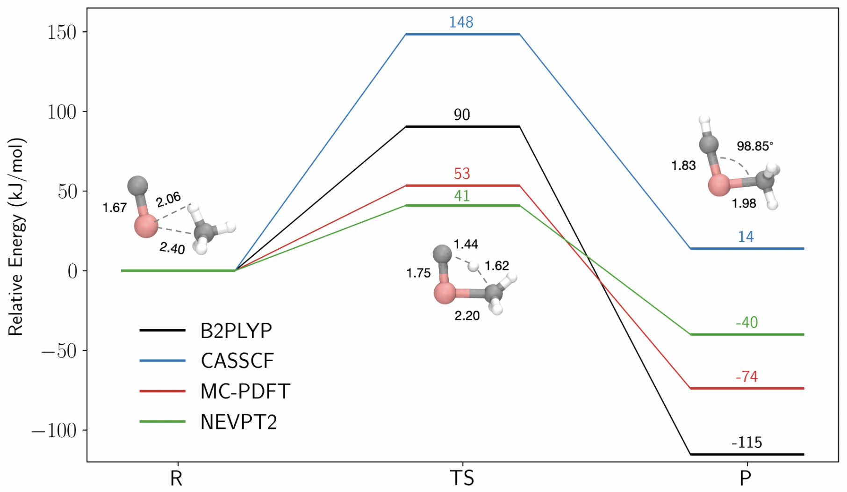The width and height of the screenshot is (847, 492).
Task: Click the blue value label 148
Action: pyautogui.click(x=461, y=22)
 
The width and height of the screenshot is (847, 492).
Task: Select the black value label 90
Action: pyautogui.click(x=461, y=115)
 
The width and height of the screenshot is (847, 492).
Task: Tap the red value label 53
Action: pyautogui.click(x=461, y=174)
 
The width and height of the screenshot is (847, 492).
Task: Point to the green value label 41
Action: pyautogui.click(x=461, y=196)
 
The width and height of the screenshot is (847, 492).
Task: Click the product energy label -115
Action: pyautogui.click(x=747, y=442)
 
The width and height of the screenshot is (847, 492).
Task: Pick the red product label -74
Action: pyautogui.click(x=747, y=376)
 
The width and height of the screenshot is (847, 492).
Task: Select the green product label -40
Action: pyautogui.click(x=747, y=323)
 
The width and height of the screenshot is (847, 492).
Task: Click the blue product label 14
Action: pyautogui.click(x=746, y=237)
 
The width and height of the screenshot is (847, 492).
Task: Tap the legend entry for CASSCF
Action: pyautogui.click(x=237, y=361)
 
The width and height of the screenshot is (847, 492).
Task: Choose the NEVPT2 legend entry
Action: pyautogui.click(x=238, y=422)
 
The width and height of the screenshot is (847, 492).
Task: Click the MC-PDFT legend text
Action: pyautogui.click(x=245, y=391)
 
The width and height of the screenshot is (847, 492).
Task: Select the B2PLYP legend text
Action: pyautogui.click(x=236, y=331)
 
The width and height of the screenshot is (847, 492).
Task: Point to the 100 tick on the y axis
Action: pyautogui.click(x=62, y=112)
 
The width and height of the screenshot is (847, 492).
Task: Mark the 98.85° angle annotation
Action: pyautogui.click(x=754, y=146)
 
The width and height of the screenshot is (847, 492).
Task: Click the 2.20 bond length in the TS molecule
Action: pyautogui.click(x=467, y=316)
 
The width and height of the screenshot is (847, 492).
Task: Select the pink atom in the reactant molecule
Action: pyautogui.click(x=146, y=226)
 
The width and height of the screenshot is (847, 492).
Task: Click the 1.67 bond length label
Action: pyautogui.click(x=115, y=208)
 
